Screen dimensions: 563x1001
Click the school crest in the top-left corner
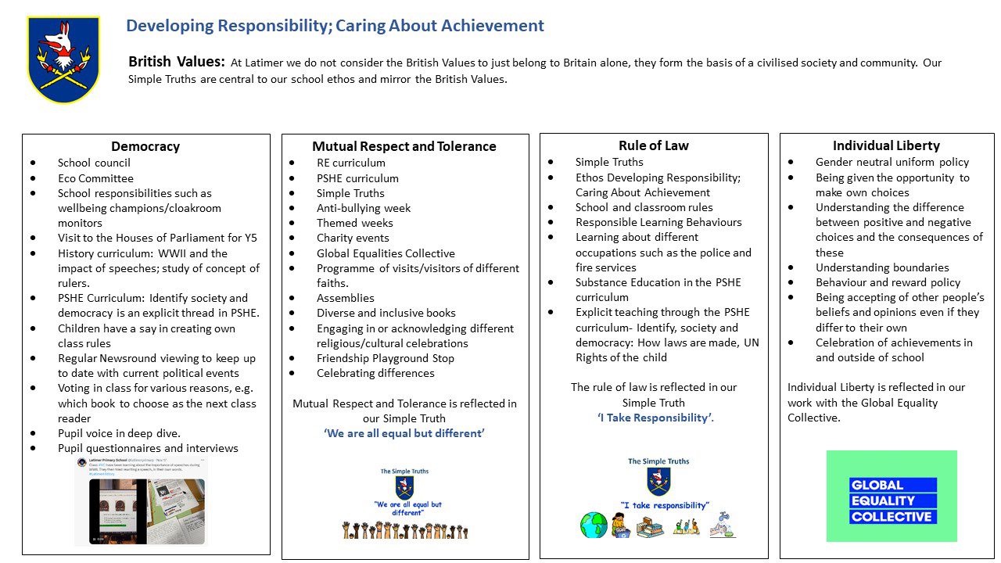(63, 59)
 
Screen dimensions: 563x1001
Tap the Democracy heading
(145, 146)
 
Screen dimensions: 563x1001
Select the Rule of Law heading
(654, 145)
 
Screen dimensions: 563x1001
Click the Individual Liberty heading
(886, 145)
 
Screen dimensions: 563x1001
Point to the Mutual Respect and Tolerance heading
(404, 146)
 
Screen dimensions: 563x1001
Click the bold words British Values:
(177, 63)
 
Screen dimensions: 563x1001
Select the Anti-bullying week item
(363, 208)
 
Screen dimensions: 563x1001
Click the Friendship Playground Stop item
(385, 358)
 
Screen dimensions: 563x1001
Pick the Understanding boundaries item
(882, 267)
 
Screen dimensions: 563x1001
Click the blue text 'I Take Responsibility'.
(655, 418)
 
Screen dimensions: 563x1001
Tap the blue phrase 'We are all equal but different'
(404, 433)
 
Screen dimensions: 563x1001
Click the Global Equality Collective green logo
(892, 496)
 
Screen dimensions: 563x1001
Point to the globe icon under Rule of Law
(594, 525)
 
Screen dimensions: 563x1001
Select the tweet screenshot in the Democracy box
(141, 500)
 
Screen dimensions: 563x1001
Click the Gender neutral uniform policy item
(892, 162)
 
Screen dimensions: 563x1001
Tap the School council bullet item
(94, 163)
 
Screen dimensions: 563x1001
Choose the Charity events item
(353, 238)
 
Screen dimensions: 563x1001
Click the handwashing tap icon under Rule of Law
(722, 523)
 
